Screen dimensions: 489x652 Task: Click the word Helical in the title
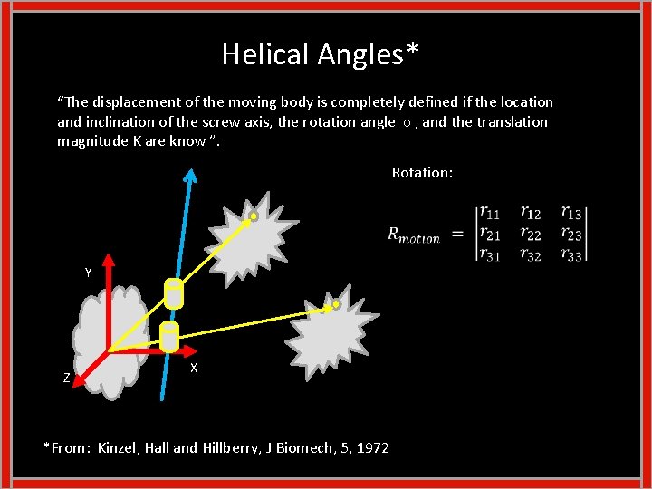click(x=266, y=55)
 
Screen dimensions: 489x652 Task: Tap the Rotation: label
click(x=422, y=172)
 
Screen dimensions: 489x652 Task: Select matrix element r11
click(x=490, y=214)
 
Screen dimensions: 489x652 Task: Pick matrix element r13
click(x=572, y=214)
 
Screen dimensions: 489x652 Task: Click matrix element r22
click(x=532, y=235)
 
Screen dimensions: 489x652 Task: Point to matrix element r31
click(x=490, y=255)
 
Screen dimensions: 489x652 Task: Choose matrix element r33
click(x=572, y=255)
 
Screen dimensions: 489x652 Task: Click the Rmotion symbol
click(x=414, y=235)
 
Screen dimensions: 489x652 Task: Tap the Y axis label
click(x=88, y=273)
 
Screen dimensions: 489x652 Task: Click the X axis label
click(x=195, y=369)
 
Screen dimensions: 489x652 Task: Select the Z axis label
click(x=67, y=379)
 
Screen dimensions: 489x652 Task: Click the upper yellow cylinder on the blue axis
click(x=173, y=292)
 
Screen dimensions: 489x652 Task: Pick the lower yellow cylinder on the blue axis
click(x=169, y=336)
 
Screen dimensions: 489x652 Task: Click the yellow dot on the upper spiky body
click(x=254, y=216)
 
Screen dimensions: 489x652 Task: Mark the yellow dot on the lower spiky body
click(x=335, y=305)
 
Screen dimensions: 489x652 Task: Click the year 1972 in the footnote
click(x=373, y=447)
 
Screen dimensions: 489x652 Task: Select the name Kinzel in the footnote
click(x=119, y=447)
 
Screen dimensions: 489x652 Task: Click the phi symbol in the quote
click(x=405, y=122)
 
